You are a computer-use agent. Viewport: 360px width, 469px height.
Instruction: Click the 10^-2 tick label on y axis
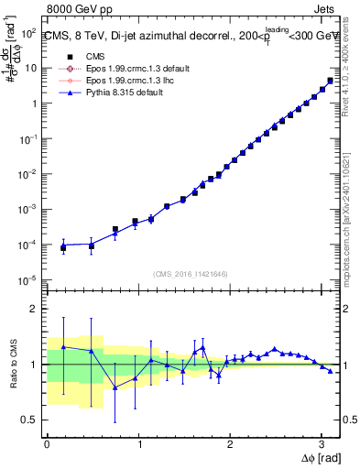(28, 174)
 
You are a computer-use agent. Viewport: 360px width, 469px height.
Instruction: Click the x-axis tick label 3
(321, 443)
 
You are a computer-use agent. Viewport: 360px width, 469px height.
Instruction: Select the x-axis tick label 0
(47, 443)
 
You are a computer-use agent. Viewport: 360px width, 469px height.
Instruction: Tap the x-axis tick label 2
(229, 443)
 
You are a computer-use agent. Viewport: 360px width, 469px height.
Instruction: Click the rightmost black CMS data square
(330, 81)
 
